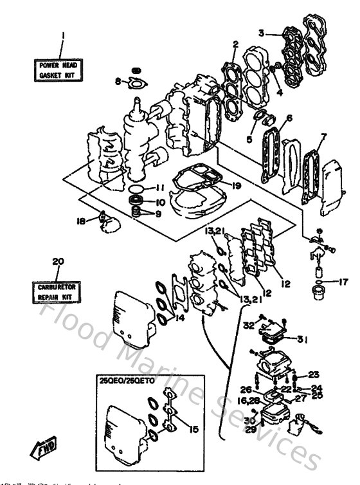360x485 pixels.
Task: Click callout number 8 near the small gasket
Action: (x=118, y=81)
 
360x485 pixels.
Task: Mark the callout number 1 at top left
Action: (x=62, y=36)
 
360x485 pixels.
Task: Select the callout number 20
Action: (x=57, y=261)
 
